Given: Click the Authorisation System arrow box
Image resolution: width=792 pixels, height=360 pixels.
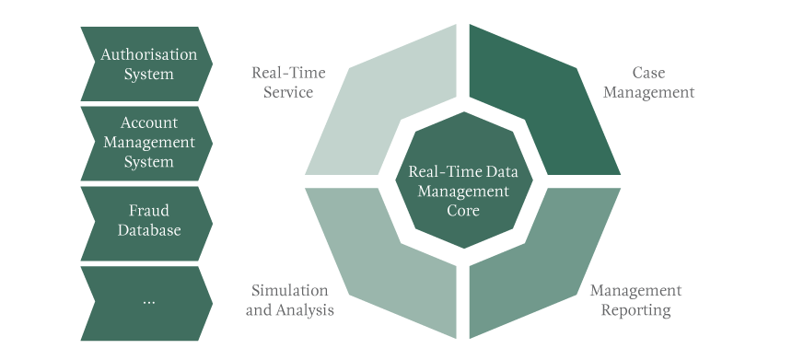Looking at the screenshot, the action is click(147, 64).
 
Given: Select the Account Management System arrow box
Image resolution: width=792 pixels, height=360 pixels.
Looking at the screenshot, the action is click(147, 143).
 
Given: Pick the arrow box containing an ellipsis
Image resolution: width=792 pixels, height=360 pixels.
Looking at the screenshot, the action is click(147, 300).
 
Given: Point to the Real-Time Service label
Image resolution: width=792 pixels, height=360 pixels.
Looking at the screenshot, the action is click(288, 82).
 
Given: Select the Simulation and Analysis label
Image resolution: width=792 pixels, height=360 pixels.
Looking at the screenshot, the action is click(289, 300).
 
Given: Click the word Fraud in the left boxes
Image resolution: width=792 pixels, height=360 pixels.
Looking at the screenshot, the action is click(148, 210).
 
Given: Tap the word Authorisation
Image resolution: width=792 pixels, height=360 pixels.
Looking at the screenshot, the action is click(149, 54).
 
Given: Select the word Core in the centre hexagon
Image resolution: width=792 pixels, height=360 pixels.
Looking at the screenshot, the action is click(458, 210).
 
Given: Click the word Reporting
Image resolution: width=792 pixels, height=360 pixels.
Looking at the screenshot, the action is click(635, 310).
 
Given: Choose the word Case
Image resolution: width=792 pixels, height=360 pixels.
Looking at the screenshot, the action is click(648, 72).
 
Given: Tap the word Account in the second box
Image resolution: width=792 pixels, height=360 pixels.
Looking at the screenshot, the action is click(149, 122).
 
